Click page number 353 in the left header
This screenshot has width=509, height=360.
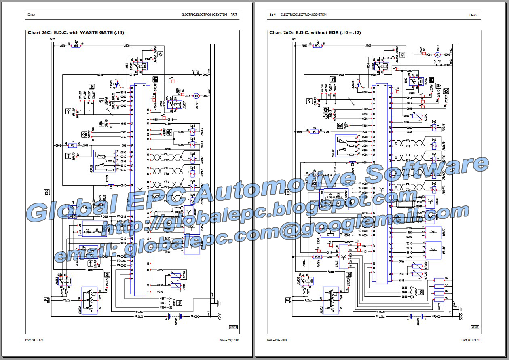coord(234,15)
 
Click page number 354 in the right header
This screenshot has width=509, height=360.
coord(272,15)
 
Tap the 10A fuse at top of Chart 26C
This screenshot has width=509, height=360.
coord(75,46)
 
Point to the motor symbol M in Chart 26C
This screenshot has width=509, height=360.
coord(195,95)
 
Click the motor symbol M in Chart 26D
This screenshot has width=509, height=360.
coord(437,54)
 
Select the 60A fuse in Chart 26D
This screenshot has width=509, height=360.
coord(317,256)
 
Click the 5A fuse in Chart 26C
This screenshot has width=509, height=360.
coord(72,145)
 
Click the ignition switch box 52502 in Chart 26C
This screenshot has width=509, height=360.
coord(91,299)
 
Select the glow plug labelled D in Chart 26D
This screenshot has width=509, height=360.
coord(439,280)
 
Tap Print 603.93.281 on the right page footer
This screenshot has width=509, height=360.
coord(471,340)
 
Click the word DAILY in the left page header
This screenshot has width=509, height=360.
coord(31,15)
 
